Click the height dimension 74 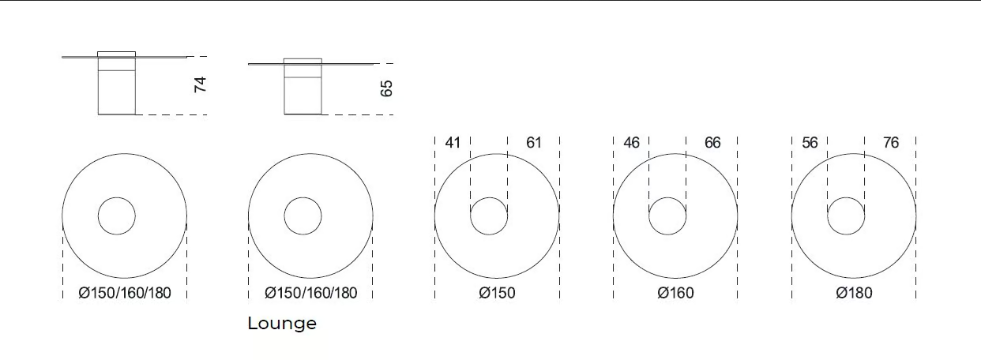click(200, 84)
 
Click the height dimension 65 click(386, 88)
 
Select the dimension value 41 click(453, 142)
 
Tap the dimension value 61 click(534, 142)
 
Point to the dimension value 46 click(632, 142)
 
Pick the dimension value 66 click(712, 142)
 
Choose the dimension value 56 click(810, 142)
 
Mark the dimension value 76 click(891, 142)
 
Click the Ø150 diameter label click(497, 293)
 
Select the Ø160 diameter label click(675, 293)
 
